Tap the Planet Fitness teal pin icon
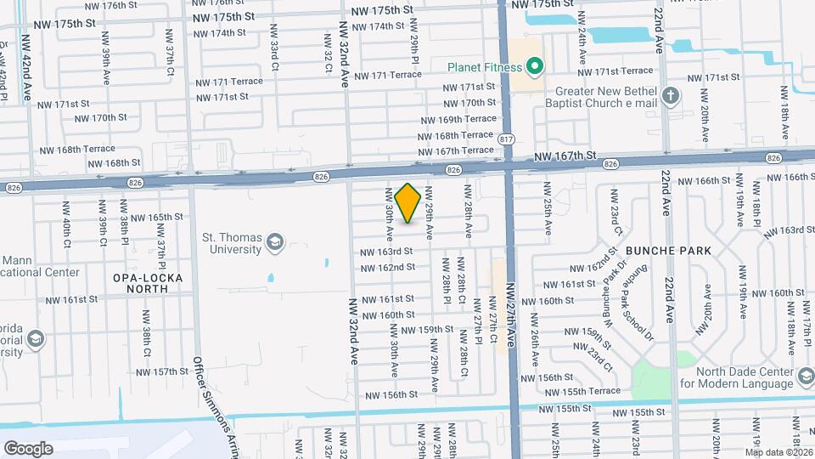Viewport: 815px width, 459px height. click(534, 65)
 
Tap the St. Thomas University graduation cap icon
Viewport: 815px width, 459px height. click(274, 244)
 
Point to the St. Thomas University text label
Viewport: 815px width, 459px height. click(232, 244)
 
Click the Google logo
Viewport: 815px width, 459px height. click(28, 448)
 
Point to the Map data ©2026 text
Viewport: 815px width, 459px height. click(779, 451)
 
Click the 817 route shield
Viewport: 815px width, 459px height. click(508, 138)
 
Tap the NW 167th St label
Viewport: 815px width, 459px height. click(567, 156)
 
